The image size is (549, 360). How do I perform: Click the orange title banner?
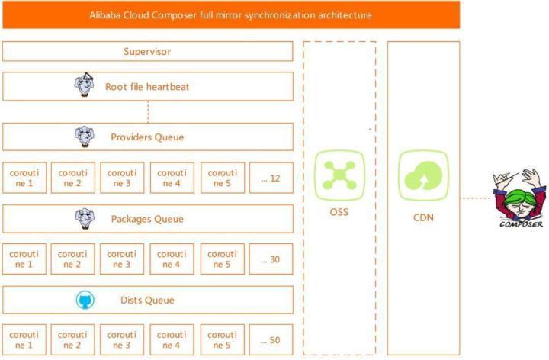(x=231, y=14)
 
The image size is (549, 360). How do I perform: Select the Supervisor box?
(x=147, y=51)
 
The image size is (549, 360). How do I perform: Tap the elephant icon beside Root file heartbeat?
(x=85, y=85)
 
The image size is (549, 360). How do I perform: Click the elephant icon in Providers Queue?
(x=85, y=137)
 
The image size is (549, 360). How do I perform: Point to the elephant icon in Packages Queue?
(x=85, y=219)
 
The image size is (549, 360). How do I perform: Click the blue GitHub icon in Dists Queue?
(x=85, y=300)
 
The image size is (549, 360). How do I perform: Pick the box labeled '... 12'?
(x=271, y=178)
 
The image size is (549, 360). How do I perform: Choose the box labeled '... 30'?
(x=271, y=259)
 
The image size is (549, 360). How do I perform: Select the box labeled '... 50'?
(x=271, y=339)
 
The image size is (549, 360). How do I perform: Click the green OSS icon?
(x=339, y=175)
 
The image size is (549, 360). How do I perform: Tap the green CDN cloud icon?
(x=424, y=175)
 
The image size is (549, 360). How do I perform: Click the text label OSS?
(x=339, y=212)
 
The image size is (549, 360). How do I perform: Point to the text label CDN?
(x=423, y=217)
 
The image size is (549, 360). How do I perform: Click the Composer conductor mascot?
(x=519, y=198)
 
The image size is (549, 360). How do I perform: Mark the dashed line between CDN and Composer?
(x=476, y=198)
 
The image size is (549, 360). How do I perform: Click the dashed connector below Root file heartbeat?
(x=148, y=111)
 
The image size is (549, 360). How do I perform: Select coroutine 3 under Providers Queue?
(x=122, y=178)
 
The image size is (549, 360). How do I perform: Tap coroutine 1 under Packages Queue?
(x=24, y=259)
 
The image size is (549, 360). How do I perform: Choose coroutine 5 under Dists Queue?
(x=223, y=339)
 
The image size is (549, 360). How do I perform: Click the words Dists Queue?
(x=147, y=300)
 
